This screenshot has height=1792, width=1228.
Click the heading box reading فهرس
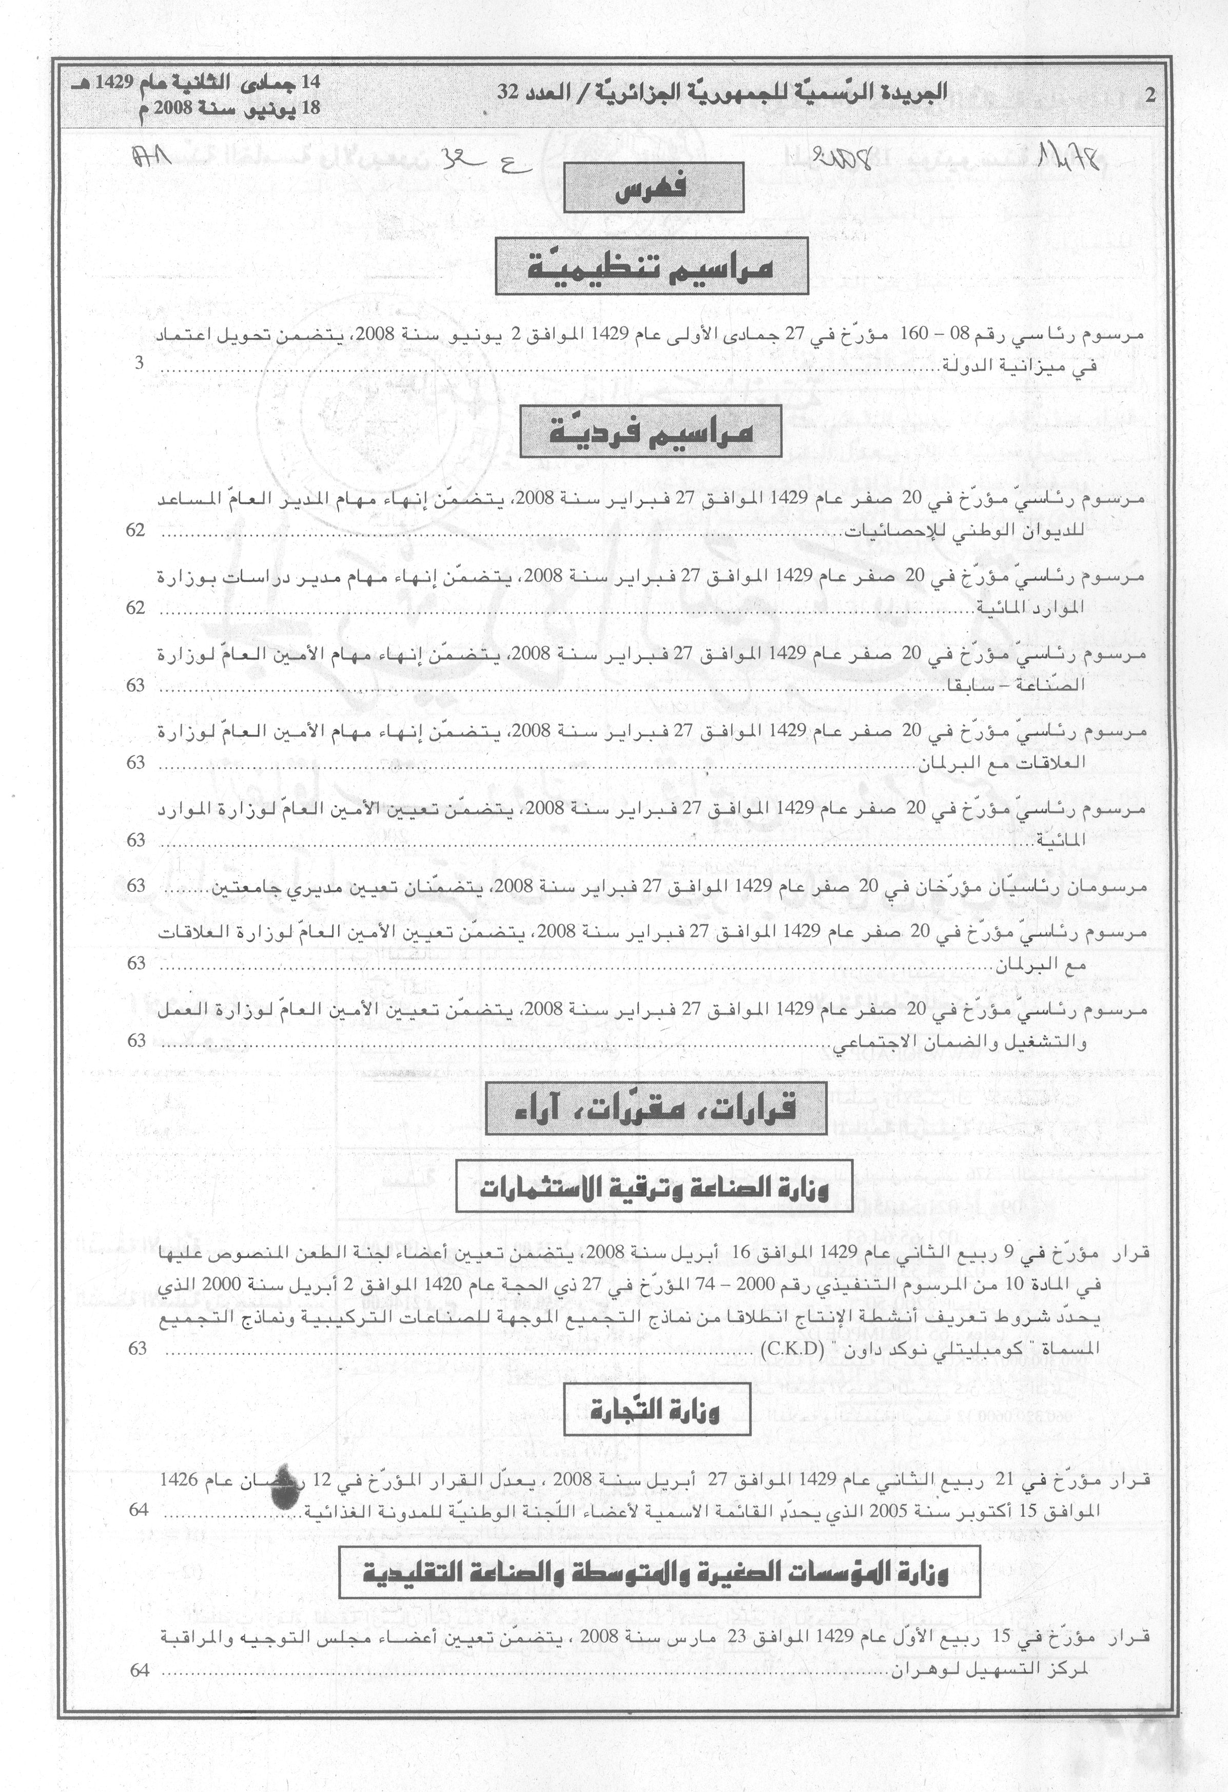tap(652, 190)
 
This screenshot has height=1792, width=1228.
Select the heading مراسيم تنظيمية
tap(651, 265)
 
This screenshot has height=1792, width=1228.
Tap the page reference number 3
tap(139, 364)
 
